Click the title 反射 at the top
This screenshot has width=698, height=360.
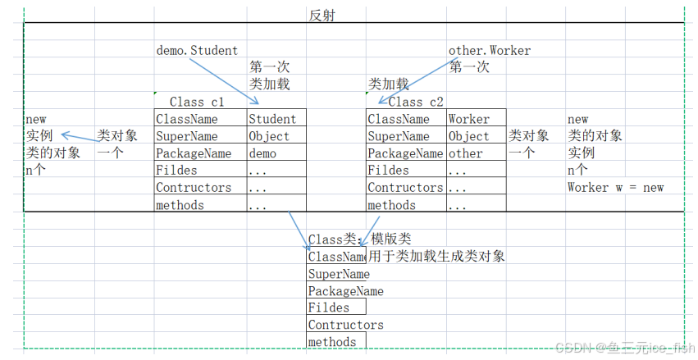tap(322, 15)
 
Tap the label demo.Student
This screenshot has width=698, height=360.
tap(197, 50)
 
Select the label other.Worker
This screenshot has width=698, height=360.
tap(489, 50)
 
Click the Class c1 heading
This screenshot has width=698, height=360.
tap(196, 102)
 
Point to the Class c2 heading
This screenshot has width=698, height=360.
tap(415, 102)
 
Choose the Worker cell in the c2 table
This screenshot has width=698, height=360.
tap(468, 120)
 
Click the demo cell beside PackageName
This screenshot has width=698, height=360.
tap(262, 153)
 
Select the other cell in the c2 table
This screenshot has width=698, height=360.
tap(465, 153)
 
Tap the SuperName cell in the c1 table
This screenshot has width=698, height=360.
tap(186, 137)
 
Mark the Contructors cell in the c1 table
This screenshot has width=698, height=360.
tap(194, 188)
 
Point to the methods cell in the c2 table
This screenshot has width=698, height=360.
tap(391, 205)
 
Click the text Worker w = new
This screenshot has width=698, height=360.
tap(615, 188)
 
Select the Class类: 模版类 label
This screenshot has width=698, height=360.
tap(359, 239)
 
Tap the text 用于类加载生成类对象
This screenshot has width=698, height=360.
tap(436, 256)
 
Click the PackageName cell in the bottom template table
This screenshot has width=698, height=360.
tap(345, 291)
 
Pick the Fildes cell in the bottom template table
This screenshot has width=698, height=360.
tap(328, 308)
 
